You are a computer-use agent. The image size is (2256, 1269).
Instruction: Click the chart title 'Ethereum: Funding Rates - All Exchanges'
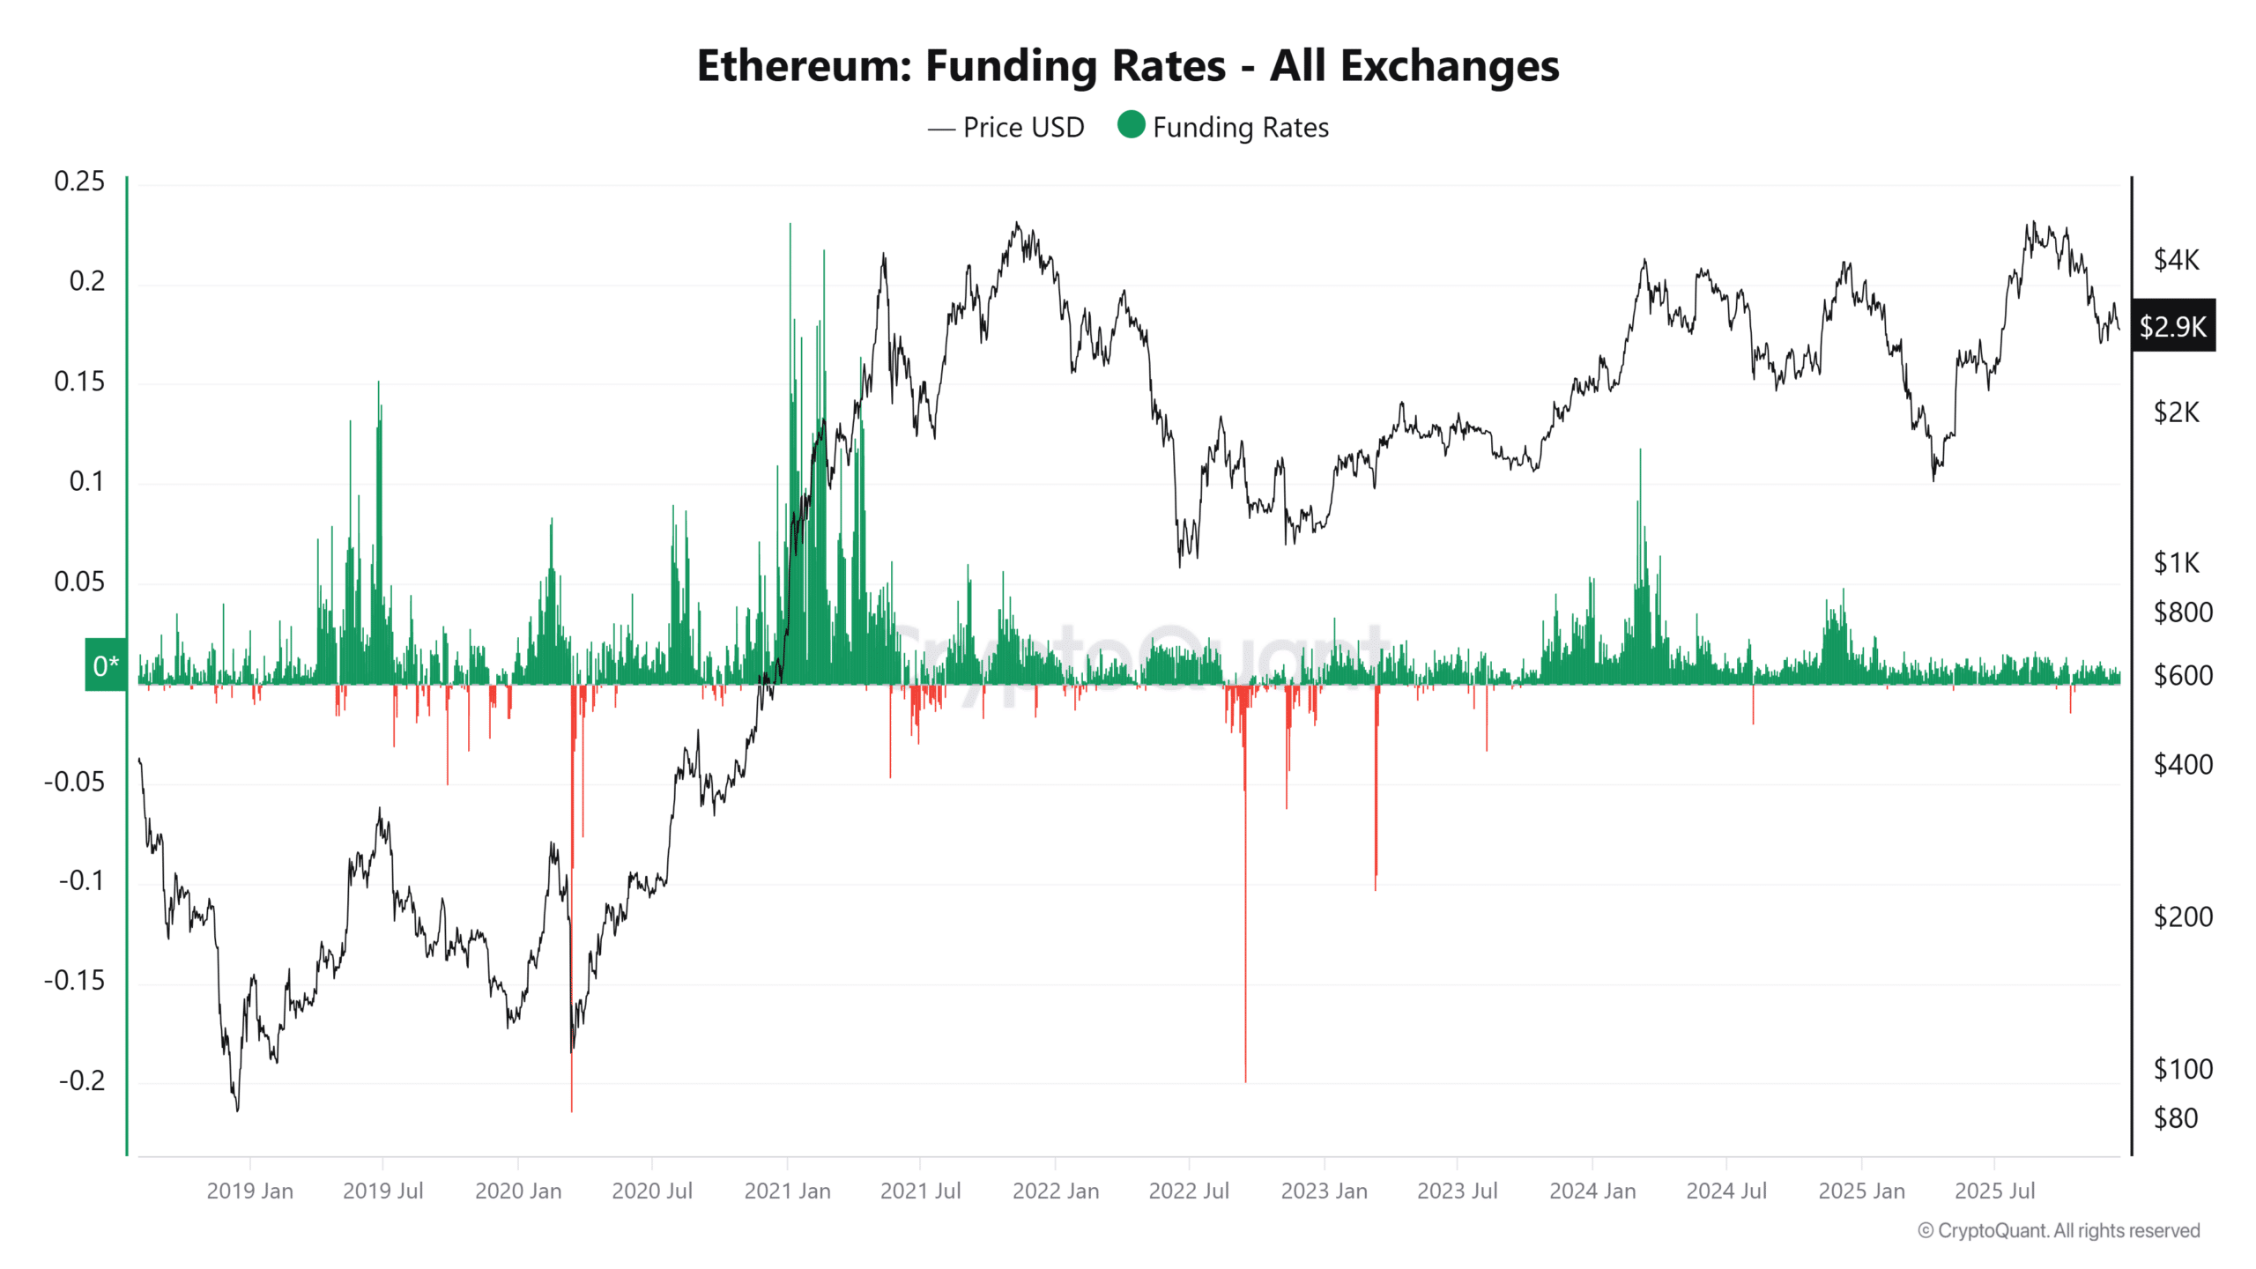(x=1127, y=66)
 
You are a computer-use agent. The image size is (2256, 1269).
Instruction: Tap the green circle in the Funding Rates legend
(x=1131, y=125)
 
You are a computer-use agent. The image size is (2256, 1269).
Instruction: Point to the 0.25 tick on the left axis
(x=79, y=182)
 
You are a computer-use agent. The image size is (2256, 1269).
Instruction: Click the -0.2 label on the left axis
(x=81, y=1080)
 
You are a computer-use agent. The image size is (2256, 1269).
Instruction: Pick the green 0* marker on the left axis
(x=106, y=665)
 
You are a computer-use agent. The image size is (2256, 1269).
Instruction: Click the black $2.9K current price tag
(x=2172, y=327)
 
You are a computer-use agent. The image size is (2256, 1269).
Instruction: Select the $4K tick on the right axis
(x=2176, y=260)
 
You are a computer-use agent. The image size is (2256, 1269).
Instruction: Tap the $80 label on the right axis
(x=2176, y=1118)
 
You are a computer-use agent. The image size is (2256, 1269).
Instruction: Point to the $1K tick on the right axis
(x=2176, y=563)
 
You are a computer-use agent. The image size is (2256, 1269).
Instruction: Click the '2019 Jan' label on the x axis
(x=249, y=1191)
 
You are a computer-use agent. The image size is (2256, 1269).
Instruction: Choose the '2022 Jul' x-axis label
(x=1188, y=1191)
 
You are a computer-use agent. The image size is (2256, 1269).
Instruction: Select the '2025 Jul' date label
(x=1994, y=1191)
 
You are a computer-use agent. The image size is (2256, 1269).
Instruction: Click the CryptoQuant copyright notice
(x=2059, y=1230)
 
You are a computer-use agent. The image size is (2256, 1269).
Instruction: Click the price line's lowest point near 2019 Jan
(x=237, y=1108)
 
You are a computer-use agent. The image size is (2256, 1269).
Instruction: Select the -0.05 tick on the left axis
(x=74, y=782)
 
